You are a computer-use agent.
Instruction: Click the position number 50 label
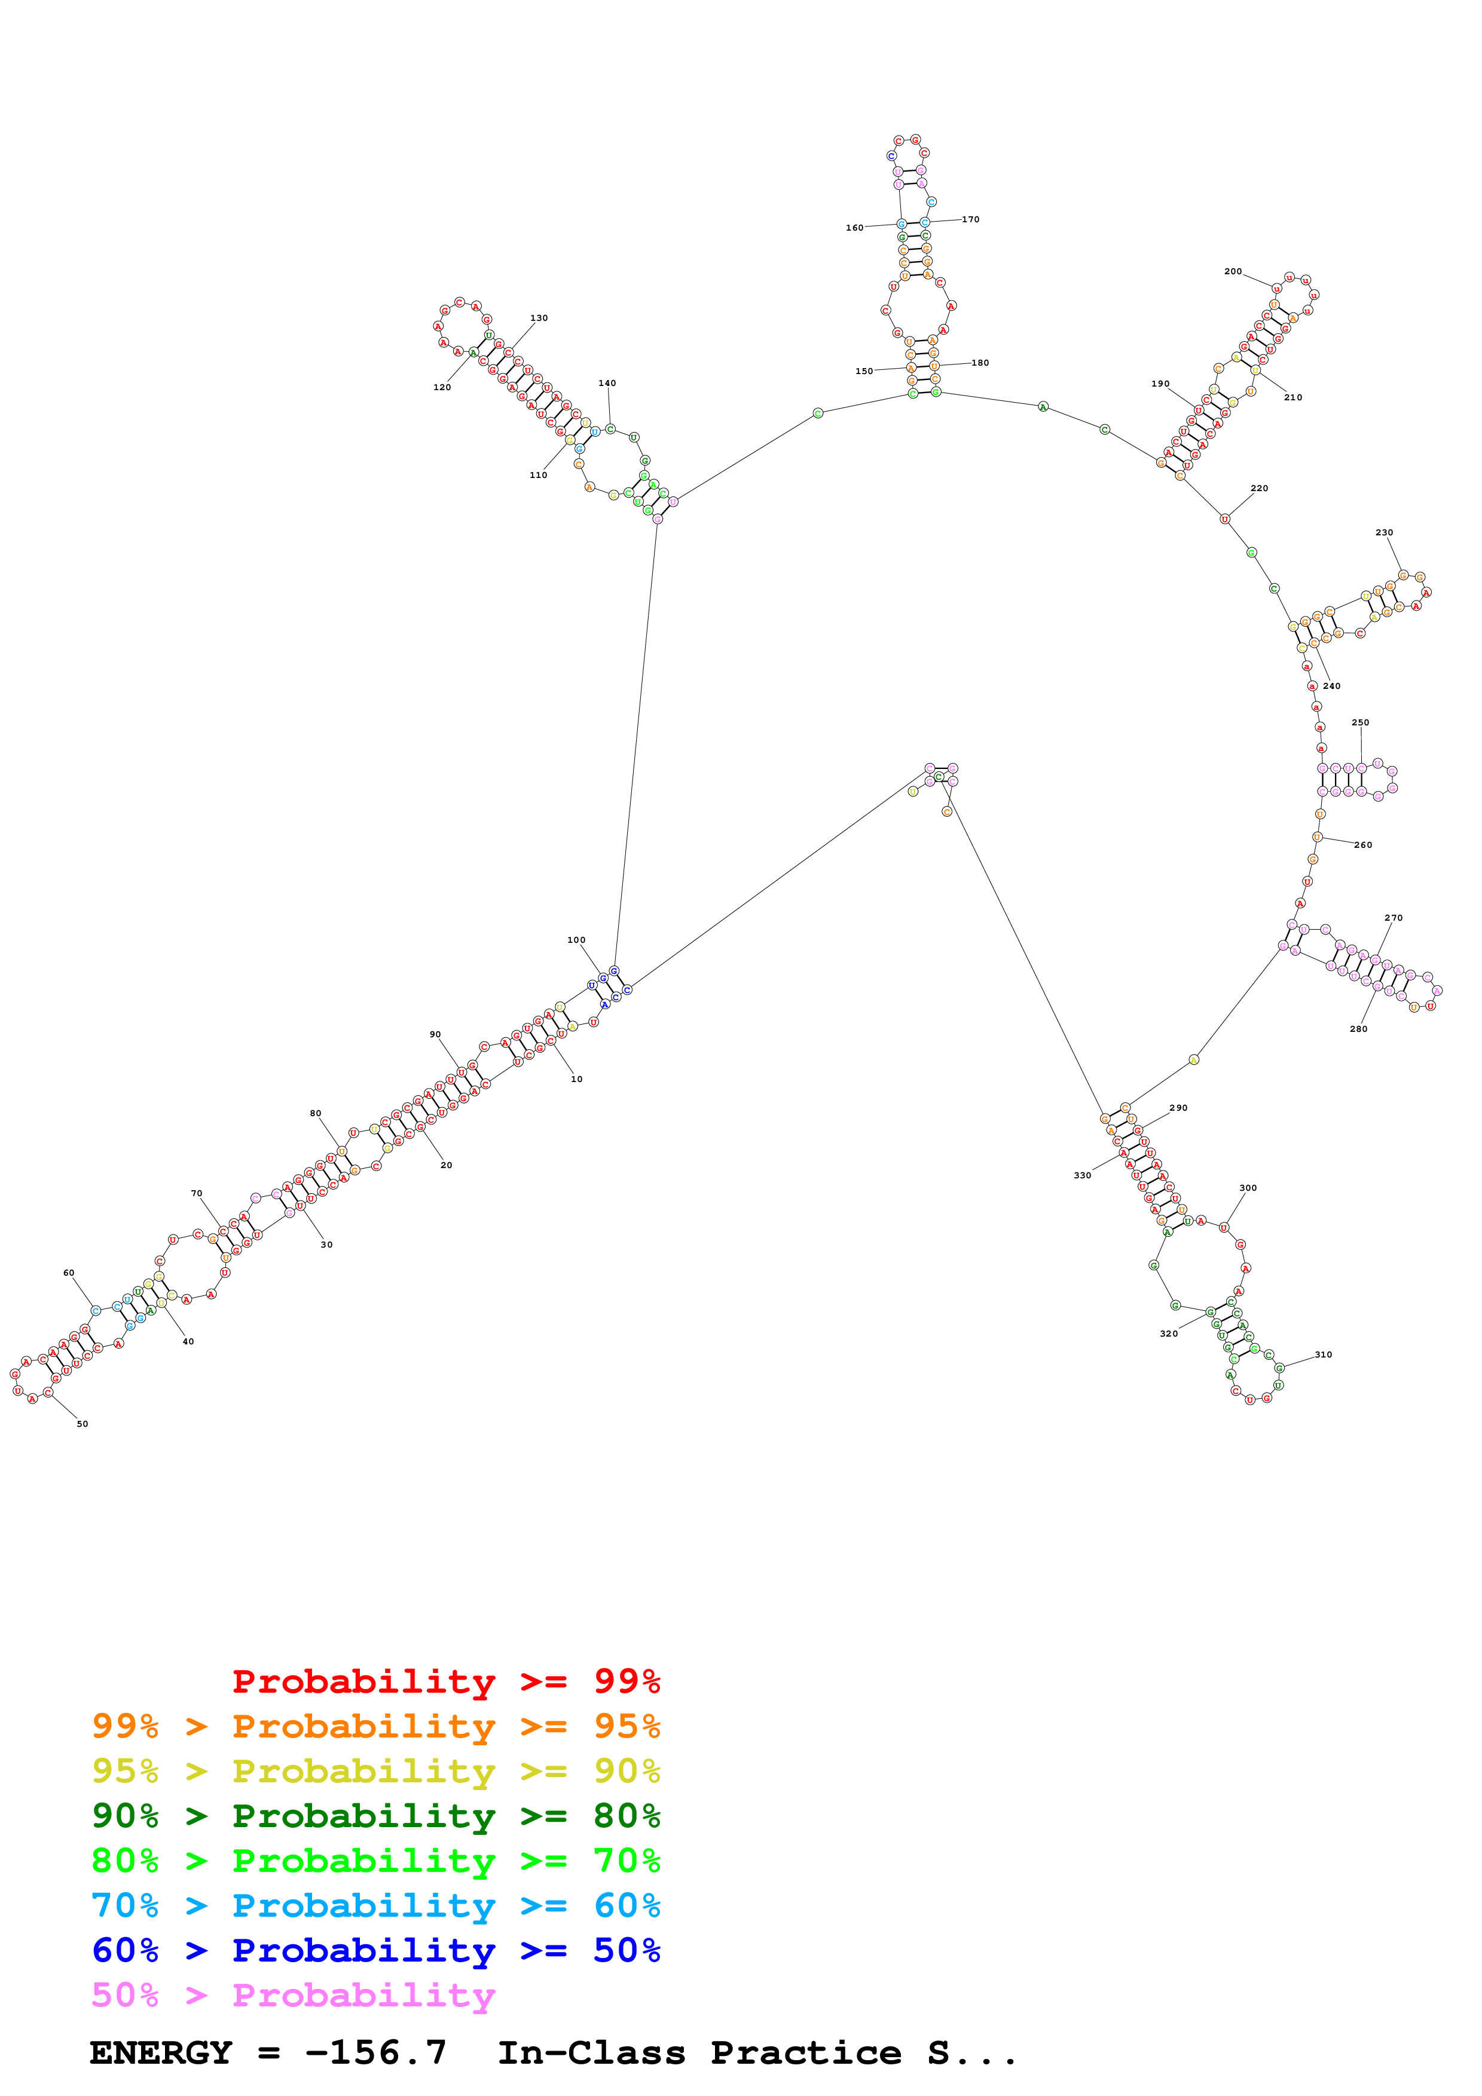click(x=82, y=1424)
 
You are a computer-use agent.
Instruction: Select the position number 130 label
click(x=539, y=318)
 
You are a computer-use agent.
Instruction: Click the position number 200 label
click(x=1233, y=272)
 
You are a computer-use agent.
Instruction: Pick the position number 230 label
click(x=1385, y=533)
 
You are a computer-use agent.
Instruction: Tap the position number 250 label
click(x=1359, y=723)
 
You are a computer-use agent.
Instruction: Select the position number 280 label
click(x=1359, y=1029)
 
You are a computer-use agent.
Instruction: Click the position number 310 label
click(x=1323, y=1355)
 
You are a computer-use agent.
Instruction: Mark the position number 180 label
click(x=980, y=363)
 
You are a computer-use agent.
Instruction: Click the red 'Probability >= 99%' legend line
click(x=445, y=1681)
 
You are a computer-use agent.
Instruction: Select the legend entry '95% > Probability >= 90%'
click(x=375, y=1771)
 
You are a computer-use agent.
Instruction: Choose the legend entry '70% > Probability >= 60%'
click(x=375, y=1905)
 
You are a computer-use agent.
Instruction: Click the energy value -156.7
click(x=375, y=2053)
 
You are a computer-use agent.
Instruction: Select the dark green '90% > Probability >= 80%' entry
click(x=375, y=1816)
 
